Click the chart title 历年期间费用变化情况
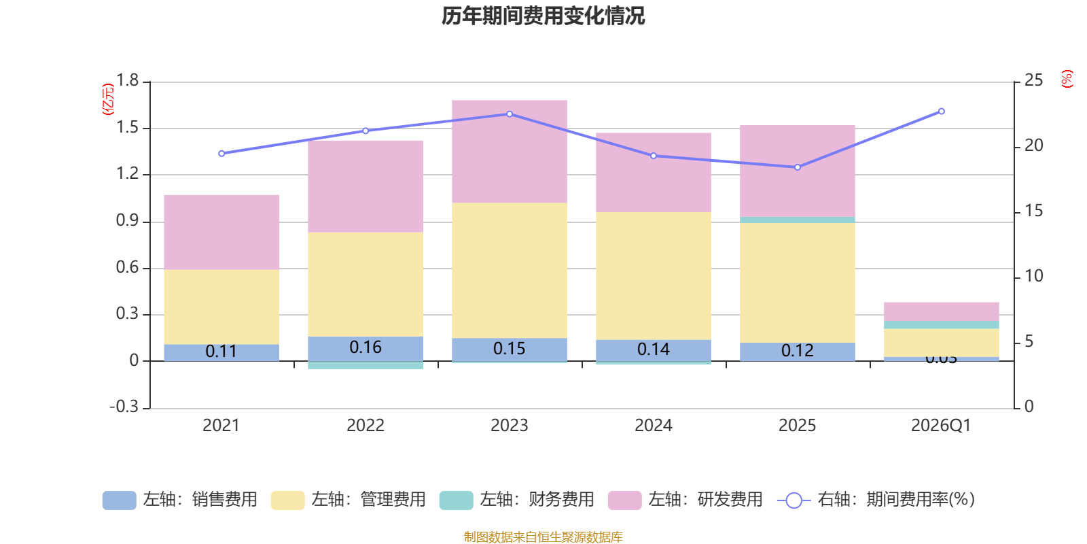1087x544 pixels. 543,16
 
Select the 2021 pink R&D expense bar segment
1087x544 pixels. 221,232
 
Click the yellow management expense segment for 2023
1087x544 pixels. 510,270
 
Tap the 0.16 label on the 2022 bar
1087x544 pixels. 366,347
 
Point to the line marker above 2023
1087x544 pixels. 510,114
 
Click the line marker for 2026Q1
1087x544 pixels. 941,112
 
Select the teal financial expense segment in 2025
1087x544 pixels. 797,220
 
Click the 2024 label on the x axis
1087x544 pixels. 653,426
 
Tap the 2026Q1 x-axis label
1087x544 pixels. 941,426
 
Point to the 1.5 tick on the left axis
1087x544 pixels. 127,128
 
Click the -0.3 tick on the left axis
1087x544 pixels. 124,407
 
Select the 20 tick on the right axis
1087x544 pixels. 1033,146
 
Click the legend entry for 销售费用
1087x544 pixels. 180,500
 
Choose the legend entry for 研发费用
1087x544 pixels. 685,500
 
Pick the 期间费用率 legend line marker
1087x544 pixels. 794,500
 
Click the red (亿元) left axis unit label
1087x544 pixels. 108,99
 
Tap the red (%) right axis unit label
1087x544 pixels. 1067,79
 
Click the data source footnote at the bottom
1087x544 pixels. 543,537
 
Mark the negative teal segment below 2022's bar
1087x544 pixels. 366,365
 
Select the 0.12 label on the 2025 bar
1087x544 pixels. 797,351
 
